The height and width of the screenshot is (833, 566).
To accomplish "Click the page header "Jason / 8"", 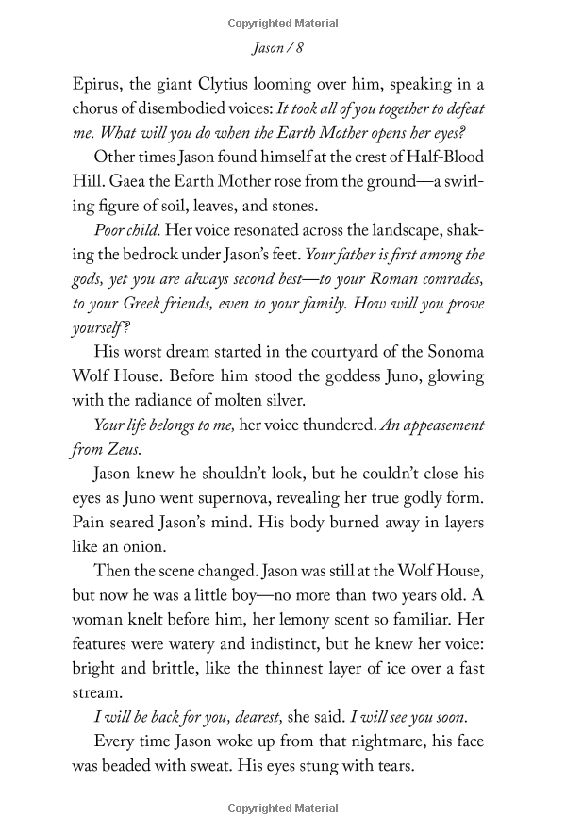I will (283, 45).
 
